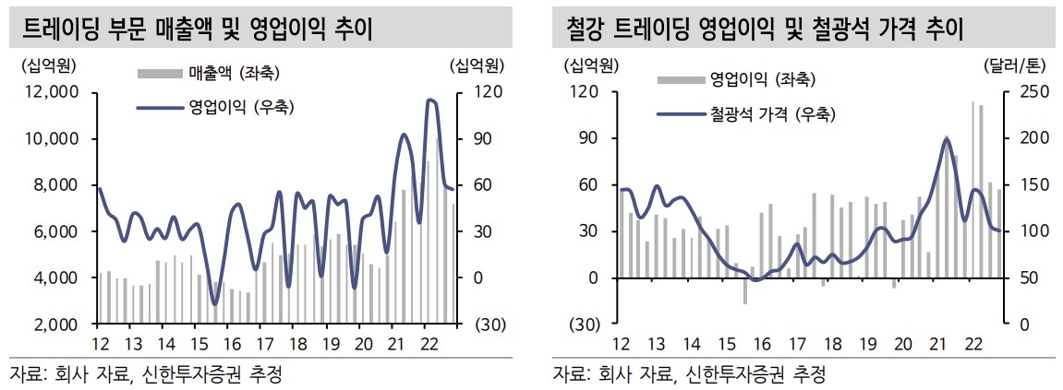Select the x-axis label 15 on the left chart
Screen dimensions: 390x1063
click(x=199, y=344)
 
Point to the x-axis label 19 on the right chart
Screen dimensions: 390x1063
click(x=868, y=344)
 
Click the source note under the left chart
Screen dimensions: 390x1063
click(x=145, y=374)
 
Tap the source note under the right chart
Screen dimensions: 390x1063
click(x=689, y=374)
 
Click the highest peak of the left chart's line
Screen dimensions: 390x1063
click(x=430, y=100)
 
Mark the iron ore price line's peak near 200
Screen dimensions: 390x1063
click(x=946, y=138)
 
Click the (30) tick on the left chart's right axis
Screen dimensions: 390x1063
click(x=487, y=325)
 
